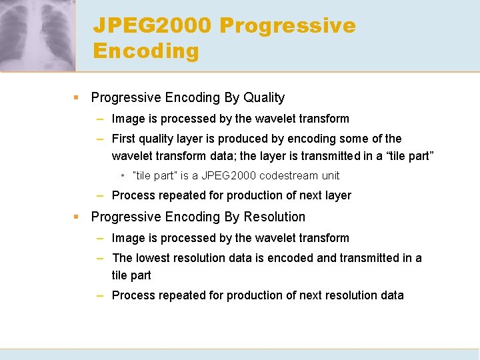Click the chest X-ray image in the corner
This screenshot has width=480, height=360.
tap(37, 35)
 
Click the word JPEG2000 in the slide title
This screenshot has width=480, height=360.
tap(151, 26)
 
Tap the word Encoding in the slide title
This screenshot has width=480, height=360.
tap(146, 51)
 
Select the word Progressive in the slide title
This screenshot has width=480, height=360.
tap(287, 26)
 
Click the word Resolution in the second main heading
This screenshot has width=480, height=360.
tap(275, 217)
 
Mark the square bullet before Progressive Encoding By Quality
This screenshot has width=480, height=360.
tap(77, 98)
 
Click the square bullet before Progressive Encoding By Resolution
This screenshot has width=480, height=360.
tap(77, 217)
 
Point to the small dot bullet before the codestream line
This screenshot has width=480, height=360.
tap(123, 176)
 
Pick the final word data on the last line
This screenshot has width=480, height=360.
tap(391, 295)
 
